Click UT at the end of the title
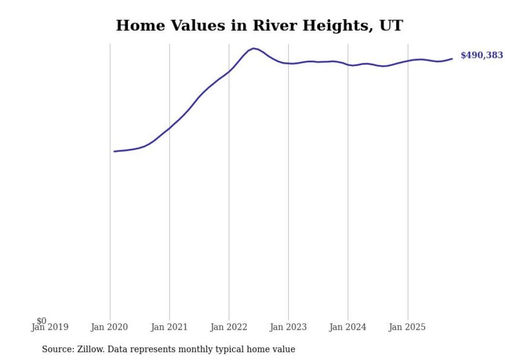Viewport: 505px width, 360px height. (391, 25)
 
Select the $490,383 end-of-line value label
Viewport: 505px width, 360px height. (481, 55)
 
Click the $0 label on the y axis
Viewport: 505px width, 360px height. (42, 321)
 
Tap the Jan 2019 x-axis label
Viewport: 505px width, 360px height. (50, 327)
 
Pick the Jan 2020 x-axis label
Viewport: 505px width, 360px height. (109, 327)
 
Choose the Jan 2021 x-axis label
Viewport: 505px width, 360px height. (169, 327)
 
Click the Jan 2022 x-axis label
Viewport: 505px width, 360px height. (229, 327)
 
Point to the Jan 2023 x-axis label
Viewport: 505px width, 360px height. (288, 327)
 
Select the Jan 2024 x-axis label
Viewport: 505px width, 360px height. (348, 327)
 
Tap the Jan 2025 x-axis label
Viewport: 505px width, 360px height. (408, 327)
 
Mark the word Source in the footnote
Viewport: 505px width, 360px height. (57, 349)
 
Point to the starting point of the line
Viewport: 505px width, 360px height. (114, 151)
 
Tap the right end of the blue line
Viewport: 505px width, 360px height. (452, 59)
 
